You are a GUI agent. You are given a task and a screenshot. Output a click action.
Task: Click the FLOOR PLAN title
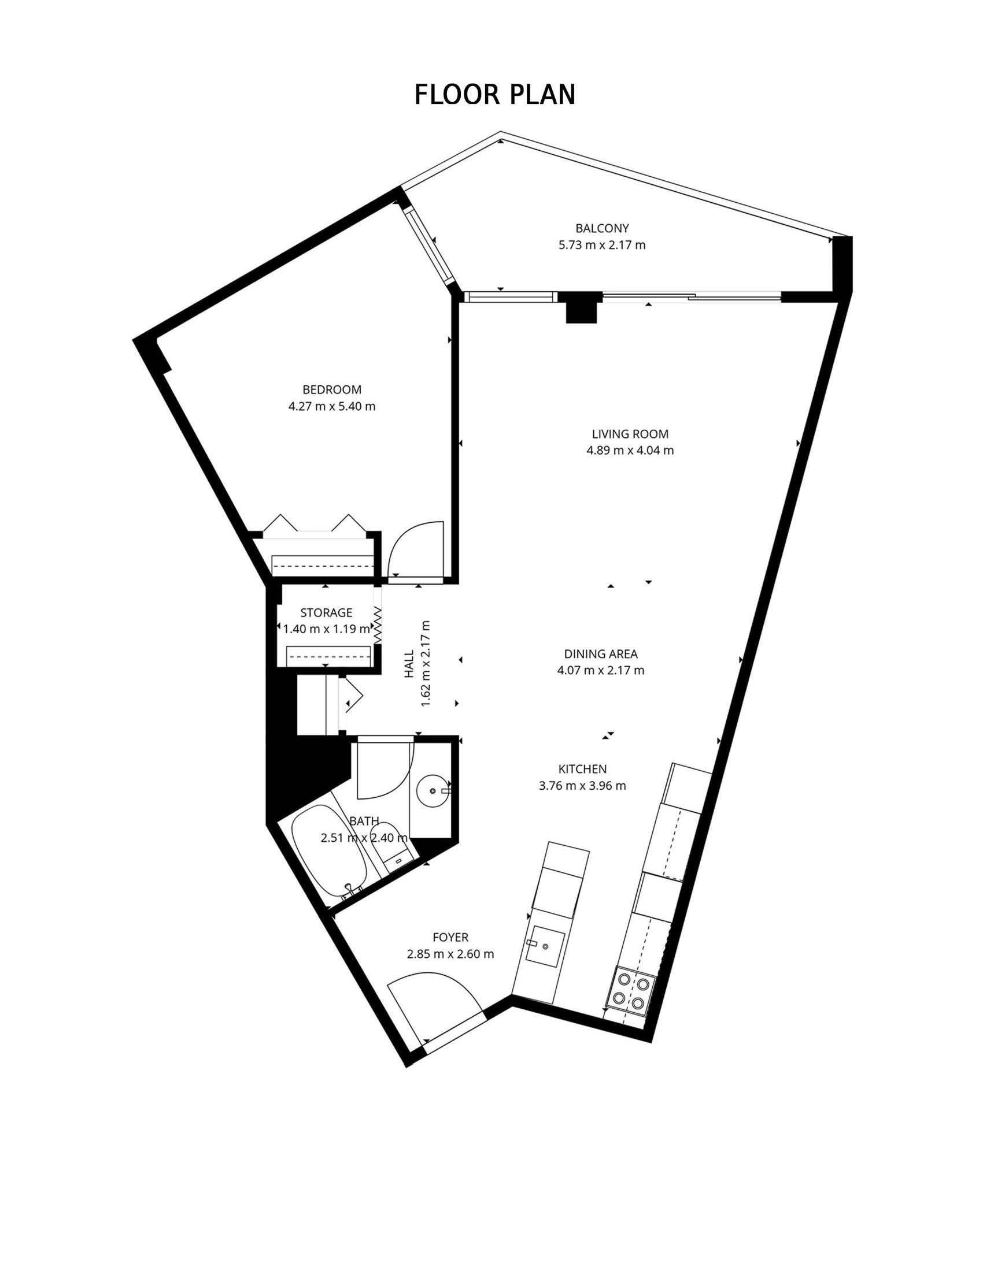(494, 94)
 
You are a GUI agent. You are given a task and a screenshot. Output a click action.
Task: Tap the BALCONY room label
(601, 228)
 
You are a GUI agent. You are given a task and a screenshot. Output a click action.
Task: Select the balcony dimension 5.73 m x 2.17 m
(601, 245)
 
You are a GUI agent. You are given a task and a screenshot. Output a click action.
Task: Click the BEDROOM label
(331, 389)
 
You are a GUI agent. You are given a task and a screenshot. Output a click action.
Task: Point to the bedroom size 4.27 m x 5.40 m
(331, 406)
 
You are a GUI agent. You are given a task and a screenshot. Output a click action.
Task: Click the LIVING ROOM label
(630, 433)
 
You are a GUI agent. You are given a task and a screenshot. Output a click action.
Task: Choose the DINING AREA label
(600, 653)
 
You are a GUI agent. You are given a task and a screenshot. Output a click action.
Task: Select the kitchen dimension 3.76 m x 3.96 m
(582, 786)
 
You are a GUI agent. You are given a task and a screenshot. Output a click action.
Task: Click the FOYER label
(450, 937)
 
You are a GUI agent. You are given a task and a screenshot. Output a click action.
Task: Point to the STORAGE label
(326, 612)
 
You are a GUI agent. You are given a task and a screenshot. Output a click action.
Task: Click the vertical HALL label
(409, 663)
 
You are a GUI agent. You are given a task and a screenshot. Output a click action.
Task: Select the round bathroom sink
(432, 790)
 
